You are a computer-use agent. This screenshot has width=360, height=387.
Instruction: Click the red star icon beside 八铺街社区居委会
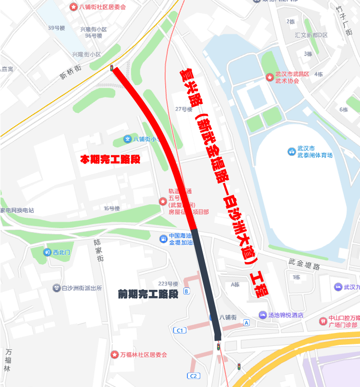coord(73,7)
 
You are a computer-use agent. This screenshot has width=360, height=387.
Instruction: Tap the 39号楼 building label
coord(56,28)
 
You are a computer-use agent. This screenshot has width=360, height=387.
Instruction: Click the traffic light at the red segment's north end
coord(112,68)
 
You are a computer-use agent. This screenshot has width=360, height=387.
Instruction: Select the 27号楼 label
coord(184,109)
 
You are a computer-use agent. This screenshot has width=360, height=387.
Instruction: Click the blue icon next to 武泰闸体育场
coord(291,152)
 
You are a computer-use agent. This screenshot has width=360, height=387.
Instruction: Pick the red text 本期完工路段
coord(110,159)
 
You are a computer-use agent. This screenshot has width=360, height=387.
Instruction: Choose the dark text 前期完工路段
coord(148,294)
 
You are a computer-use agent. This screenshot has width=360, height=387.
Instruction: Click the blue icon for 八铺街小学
coord(127,139)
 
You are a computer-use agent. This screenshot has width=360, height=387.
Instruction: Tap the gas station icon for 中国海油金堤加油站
coord(164,238)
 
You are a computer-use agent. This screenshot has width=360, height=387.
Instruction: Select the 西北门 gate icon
coord(47,252)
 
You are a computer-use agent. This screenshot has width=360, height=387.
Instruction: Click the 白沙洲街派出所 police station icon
coord(56,288)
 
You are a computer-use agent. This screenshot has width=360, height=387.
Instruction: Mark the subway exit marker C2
coord(194,376)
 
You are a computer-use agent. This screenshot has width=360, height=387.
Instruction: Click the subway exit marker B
coord(186,291)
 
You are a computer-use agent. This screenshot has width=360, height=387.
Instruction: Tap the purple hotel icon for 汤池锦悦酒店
coord(262,315)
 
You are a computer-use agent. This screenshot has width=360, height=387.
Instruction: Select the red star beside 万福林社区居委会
coord(114,354)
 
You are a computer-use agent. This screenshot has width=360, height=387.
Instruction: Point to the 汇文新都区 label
coord(311,35)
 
